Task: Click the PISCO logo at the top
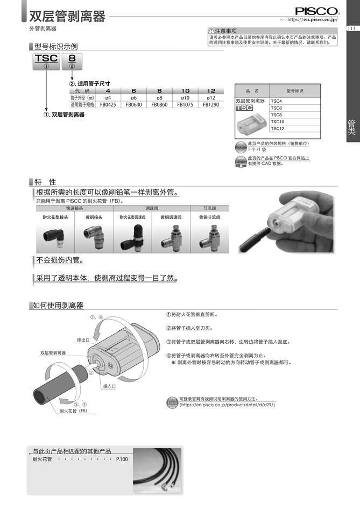[317, 11]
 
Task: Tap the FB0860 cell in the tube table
[159, 105]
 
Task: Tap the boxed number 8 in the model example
[72, 59]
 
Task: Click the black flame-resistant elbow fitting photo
[54, 236]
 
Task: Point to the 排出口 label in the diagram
[83, 340]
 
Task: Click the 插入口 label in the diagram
[110, 386]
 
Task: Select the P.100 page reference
[122, 460]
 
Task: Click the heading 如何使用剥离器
[58, 306]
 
